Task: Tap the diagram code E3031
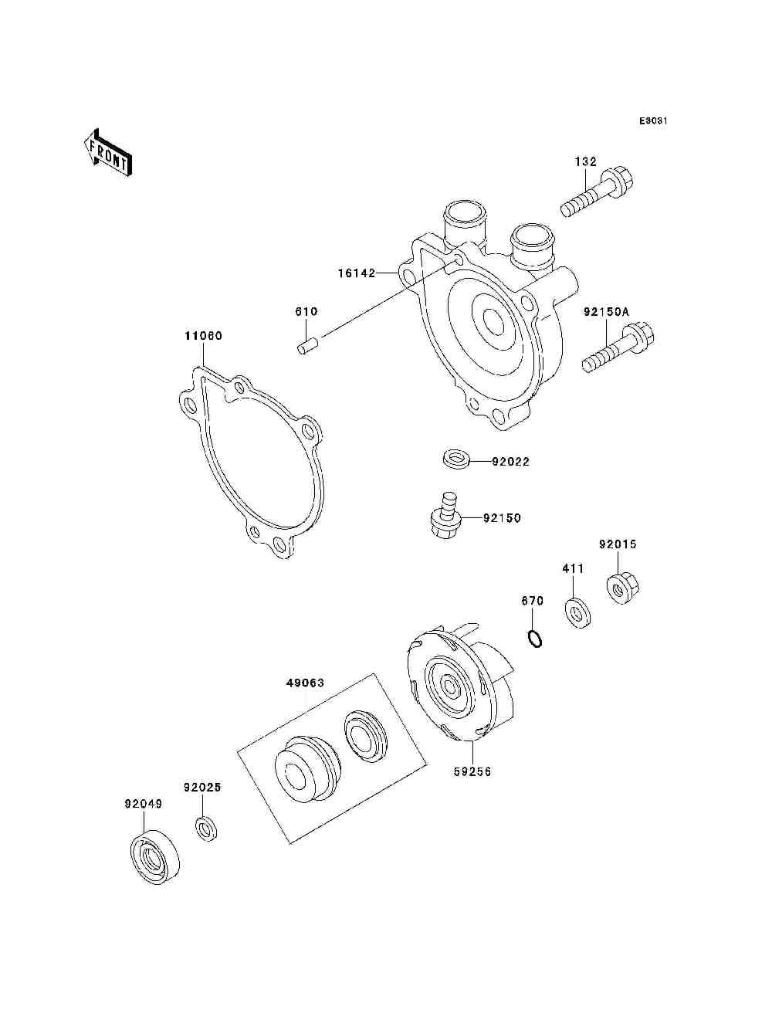click(x=652, y=121)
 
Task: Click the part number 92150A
click(x=606, y=312)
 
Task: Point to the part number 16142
click(x=356, y=273)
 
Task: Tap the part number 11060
click(x=202, y=336)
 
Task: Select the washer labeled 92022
click(x=455, y=459)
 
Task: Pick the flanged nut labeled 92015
click(x=621, y=588)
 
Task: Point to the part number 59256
click(x=472, y=771)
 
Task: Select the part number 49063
click(x=305, y=683)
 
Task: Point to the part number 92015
click(x=618, y=544)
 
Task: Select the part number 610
click(x=306, y=312)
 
